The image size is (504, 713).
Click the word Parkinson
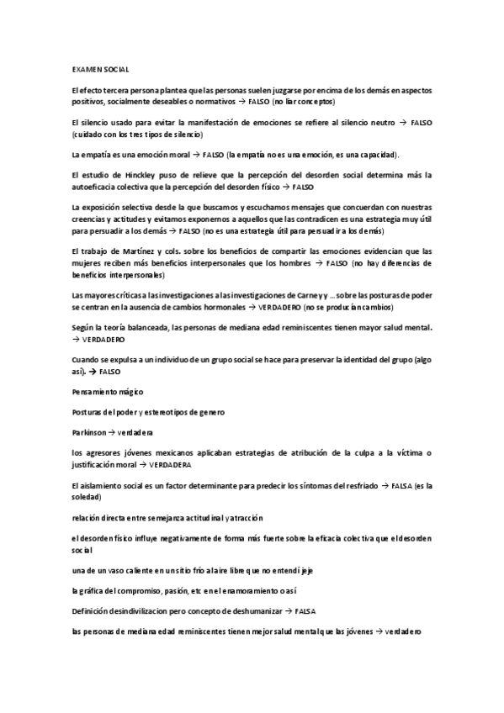tap(89, 431)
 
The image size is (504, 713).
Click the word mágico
tap(129, 392)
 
